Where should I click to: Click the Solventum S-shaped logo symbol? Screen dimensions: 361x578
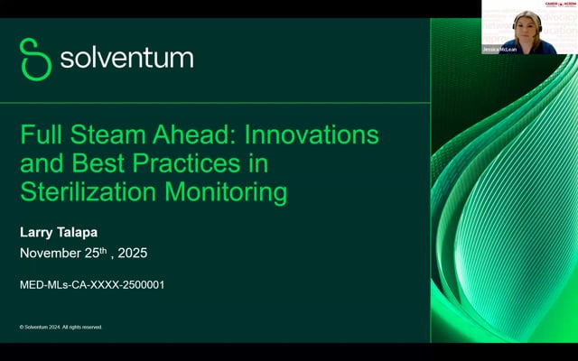tap(35, 59)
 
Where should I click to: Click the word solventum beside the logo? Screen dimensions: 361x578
tap(126, 59)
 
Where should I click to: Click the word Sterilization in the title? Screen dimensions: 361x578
tap(85, 191)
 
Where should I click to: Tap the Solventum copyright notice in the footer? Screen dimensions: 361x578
tap(61, 327)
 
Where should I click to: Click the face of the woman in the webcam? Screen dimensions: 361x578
tap(527, 24)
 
